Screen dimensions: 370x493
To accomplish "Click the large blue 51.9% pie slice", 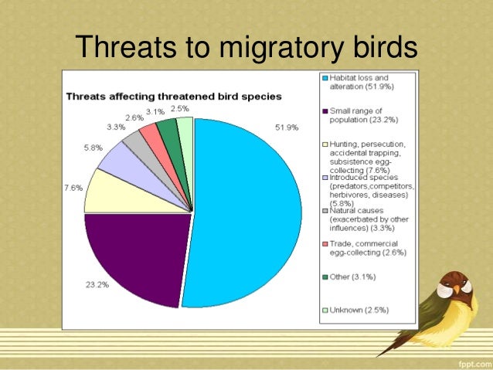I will click(x=247, y=209).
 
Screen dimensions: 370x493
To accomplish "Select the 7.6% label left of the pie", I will click(x=74, y=187).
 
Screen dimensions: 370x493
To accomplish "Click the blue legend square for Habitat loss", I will click(x=325, y=78).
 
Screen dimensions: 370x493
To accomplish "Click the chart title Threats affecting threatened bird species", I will click(x=173, y=97).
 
